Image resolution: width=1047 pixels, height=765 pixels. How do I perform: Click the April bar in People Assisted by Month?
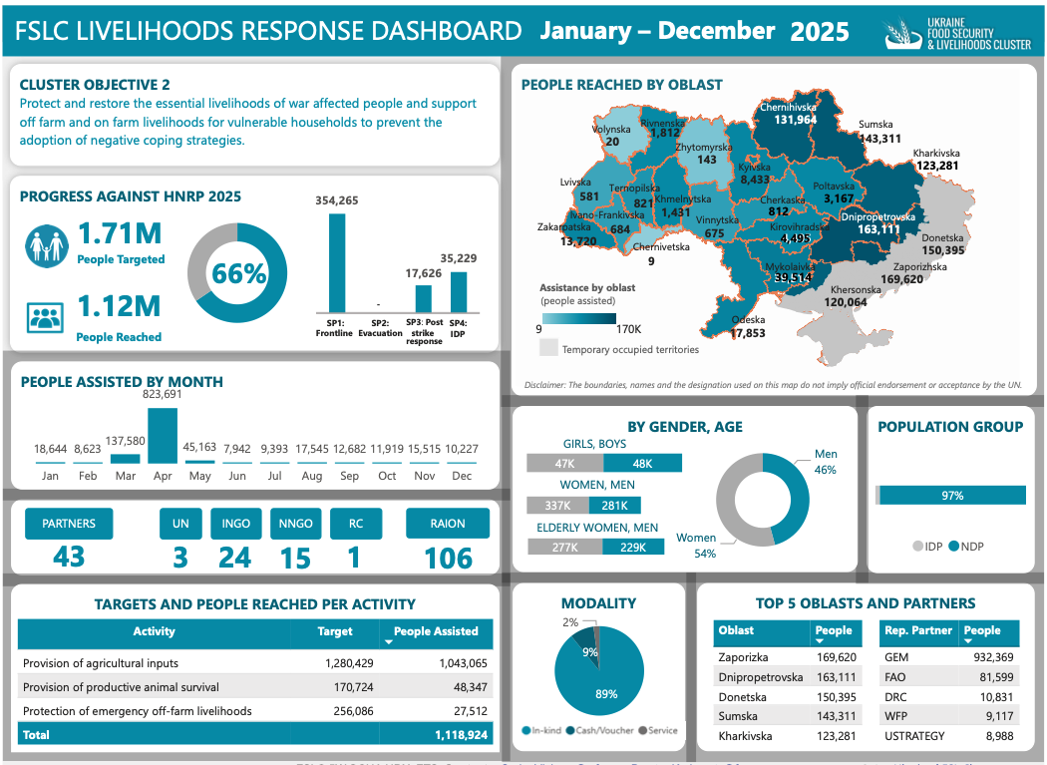click(163, 436)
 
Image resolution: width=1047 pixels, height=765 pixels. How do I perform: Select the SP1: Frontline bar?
click(336, 262)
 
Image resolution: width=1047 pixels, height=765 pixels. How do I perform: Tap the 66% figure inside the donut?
click(239, 273)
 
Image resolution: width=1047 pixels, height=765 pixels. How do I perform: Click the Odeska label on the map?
click(748, 320)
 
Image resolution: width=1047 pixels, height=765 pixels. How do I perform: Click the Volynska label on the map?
click(611, 130)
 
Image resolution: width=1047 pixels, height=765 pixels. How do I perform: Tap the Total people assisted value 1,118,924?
click(461, 735)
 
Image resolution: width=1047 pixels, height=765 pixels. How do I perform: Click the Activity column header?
click(154, 631)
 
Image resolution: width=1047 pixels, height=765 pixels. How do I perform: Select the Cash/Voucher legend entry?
click(600, 730)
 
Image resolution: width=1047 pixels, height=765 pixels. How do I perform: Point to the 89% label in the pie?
click(606, 694)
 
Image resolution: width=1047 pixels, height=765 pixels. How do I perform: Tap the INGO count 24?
click(235, 557)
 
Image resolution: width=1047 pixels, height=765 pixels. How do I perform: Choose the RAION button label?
click(448, 524)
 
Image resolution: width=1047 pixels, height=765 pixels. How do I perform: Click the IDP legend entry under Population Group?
click(926, 547)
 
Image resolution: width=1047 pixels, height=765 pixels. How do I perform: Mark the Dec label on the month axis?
click(461, 476)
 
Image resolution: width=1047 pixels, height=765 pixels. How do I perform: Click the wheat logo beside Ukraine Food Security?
click(902, 33)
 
